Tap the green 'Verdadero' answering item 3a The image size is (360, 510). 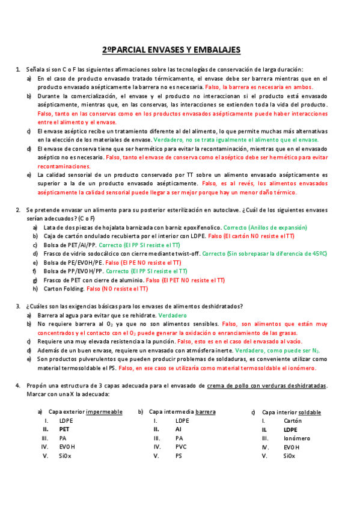click(x=172, y=315)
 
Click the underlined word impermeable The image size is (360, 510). click(x=104, y=412)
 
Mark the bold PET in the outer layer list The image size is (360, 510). click(x=64, y=429)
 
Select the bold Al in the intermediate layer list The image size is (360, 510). click(x=178, y=429)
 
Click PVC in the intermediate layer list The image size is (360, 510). click(x=182, y=447)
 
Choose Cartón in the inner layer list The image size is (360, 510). click(x=293, y=421)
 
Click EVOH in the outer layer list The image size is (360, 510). click(x=66, y=447)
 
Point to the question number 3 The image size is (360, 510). click(x=19, y=306)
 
